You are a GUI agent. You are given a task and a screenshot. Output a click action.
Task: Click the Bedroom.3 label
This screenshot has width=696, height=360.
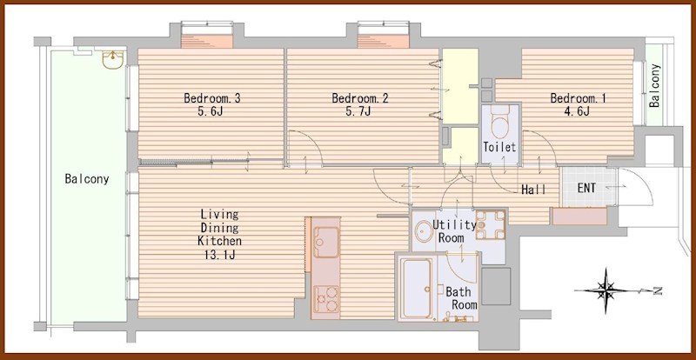[x=212, y=98]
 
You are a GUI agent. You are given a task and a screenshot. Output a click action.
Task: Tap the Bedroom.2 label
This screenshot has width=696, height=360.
[x=360, y=98]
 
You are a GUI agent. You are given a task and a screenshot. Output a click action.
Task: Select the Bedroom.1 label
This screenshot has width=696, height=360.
[x=578, y=98]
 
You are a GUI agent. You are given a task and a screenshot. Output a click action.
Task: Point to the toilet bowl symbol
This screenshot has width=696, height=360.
[x=500, y=123]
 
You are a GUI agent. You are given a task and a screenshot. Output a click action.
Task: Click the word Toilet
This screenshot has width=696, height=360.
[x=499, y=147]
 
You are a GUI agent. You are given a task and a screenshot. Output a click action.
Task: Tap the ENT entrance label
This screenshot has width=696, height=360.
[x=586, y=188]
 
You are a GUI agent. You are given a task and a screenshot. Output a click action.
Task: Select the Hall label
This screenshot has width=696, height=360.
[x=533, y=190]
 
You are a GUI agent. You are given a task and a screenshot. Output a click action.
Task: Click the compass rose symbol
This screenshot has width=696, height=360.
[x=606, y=290]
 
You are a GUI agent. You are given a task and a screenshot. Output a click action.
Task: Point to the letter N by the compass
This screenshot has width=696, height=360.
[x=658, y=291]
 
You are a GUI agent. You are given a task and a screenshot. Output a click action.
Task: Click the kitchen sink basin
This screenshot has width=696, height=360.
[x=326, y=242]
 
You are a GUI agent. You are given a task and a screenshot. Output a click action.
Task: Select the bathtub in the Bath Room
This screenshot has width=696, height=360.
[x=417, y=288]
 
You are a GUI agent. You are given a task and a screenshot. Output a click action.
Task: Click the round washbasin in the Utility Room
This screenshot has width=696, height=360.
[x=424, y=231]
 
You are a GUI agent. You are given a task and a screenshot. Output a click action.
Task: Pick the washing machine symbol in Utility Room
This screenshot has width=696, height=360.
[x=490, y=224]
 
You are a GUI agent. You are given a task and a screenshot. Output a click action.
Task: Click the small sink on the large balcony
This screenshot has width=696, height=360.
[x=113, y=60]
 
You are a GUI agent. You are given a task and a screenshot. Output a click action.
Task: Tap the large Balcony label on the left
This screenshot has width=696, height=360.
[x=87, y=179]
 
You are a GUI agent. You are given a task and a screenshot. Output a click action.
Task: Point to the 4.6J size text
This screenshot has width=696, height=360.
[x=578, y=111]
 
